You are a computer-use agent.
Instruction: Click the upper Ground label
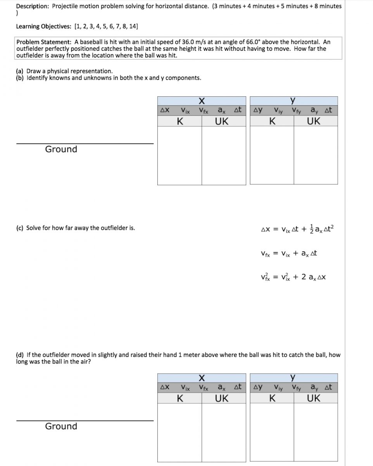coord(61,149)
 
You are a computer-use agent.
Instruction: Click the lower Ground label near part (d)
coord(61,426)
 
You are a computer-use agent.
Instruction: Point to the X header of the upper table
coord(202,101)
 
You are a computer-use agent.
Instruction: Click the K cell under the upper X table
coord(180,121)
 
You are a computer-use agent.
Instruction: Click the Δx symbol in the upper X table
coord(164,110)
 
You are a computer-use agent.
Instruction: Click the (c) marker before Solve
coord(20,228)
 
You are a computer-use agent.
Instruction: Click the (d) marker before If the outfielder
coord(20,355)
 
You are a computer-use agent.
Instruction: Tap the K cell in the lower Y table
coord(272,398)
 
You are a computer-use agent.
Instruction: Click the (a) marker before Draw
coord(20,71)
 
